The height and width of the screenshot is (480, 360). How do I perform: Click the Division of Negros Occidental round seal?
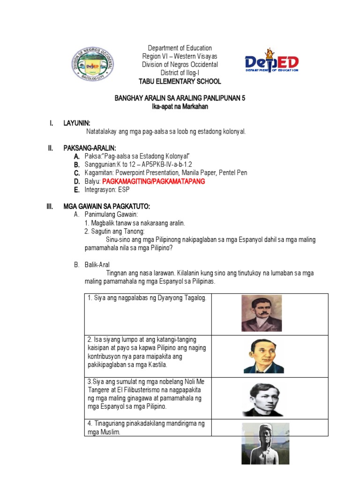(92, 65)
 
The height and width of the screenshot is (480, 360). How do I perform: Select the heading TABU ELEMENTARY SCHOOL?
(180, 82)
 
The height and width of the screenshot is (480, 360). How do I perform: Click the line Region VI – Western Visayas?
(180, 56)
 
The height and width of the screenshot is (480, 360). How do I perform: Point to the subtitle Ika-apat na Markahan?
(180, 107)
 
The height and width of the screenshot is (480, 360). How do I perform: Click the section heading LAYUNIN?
(76, 123)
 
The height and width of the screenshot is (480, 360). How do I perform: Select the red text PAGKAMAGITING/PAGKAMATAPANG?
(154, 181)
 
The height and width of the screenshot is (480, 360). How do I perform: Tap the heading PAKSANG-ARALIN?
(90, 148)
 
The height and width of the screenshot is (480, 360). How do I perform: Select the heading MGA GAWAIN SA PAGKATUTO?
(106, 206)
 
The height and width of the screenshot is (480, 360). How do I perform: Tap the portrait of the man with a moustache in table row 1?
(262, 313)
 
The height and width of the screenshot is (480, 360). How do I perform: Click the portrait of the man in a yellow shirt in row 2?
(263, 356)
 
